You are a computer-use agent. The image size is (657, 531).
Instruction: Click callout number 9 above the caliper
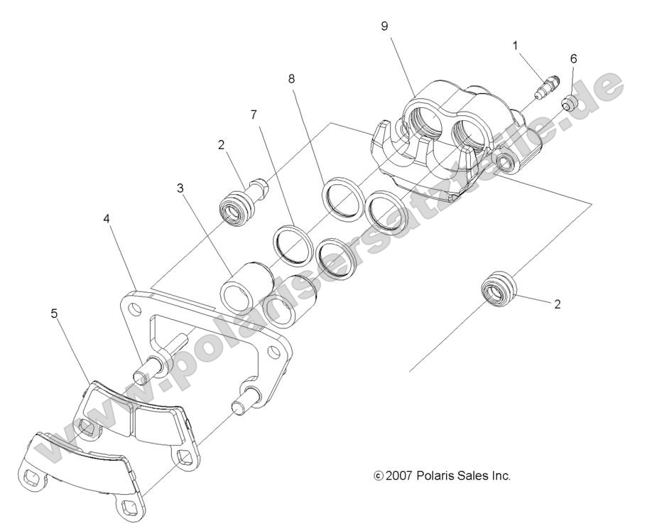pyautogui.click(x=384, y=26)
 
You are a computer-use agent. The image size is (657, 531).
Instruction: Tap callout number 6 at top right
pyautogui.click(x=573, y=58)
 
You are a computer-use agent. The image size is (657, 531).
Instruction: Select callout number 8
pyautogui.click(x=292, y=79)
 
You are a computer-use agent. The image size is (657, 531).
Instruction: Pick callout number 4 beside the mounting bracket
pyautogui.click(x=107, y=219)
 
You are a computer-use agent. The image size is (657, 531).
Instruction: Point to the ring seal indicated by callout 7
pyautogui.click(x=291, y=241)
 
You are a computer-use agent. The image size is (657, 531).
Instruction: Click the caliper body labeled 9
pyautogui.click(x=455, y=135)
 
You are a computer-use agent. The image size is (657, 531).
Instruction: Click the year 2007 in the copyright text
pyautogui.click(x=401, y=476)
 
